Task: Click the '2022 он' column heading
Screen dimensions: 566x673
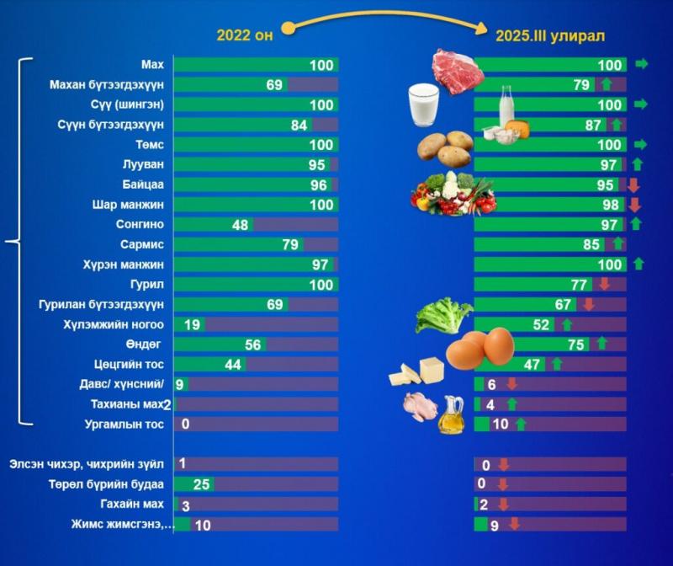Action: [x=244, y=35]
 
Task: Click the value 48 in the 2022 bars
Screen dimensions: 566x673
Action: [x=241, y=225]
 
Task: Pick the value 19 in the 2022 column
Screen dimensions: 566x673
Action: [x=192, y=324]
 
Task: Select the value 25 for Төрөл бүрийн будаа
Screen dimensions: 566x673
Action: [x=201, y=484]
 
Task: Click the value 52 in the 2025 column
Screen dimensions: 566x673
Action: [x=541, y=324]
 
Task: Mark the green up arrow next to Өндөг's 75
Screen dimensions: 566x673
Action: [x=601, y=344]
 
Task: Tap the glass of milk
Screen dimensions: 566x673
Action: [x=424, y=105]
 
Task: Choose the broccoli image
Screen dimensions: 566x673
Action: [x=442, y=316]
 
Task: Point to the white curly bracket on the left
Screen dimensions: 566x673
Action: [x=19, y=243]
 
